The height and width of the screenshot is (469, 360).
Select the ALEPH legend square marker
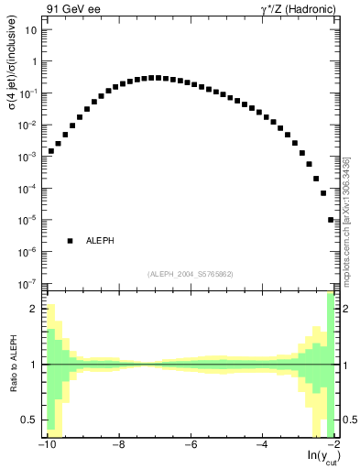[70, 241]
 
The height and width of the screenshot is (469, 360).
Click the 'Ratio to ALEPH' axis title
[13, 365]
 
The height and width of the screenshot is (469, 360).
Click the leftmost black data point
[51, 151]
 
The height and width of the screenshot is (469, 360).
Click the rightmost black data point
[331, 220]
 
